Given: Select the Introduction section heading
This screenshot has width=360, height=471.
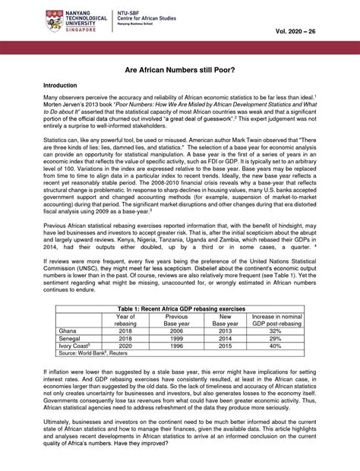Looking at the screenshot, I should pos(65,86).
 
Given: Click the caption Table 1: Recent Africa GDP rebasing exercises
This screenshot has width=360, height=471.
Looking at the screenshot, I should pos(179,309).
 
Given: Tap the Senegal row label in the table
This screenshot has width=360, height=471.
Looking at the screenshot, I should pos(71,339).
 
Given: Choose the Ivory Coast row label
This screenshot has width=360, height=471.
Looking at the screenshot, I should pos(76,346).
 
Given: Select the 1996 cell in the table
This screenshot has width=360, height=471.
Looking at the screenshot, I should pos(176,346).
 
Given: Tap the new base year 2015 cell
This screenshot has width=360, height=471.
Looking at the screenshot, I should pos(225,346).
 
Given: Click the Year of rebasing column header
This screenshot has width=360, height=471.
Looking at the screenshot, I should pos(125,321).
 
